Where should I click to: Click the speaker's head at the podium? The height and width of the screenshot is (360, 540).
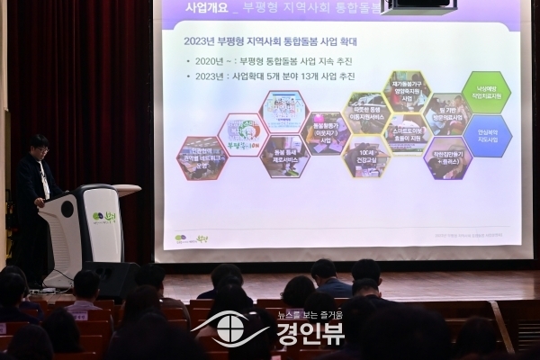(38, 146)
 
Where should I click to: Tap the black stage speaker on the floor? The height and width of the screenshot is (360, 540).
(113, 278)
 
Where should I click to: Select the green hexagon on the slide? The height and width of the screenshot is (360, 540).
(487, 92)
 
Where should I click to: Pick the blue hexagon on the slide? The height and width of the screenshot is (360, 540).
(487, 136)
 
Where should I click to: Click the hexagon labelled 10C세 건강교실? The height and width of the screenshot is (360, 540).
(366, 156)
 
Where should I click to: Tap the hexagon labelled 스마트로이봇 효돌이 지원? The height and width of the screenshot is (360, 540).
(407, 134)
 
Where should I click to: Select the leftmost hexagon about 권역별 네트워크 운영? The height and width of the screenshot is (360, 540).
(202, 158)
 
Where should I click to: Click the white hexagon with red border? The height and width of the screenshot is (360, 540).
(242, 135)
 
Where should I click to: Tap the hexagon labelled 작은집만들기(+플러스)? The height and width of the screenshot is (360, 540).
(447, 157)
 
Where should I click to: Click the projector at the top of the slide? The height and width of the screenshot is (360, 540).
(418, 6)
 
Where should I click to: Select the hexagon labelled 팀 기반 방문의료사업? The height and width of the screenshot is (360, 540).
(447, 113)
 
